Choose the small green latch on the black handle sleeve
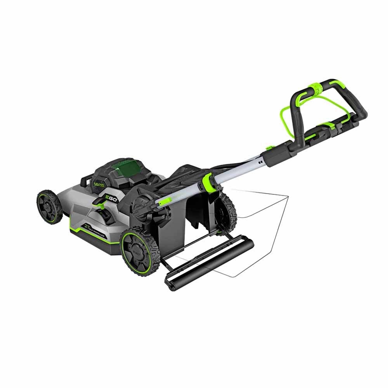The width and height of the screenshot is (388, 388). point(268,147)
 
